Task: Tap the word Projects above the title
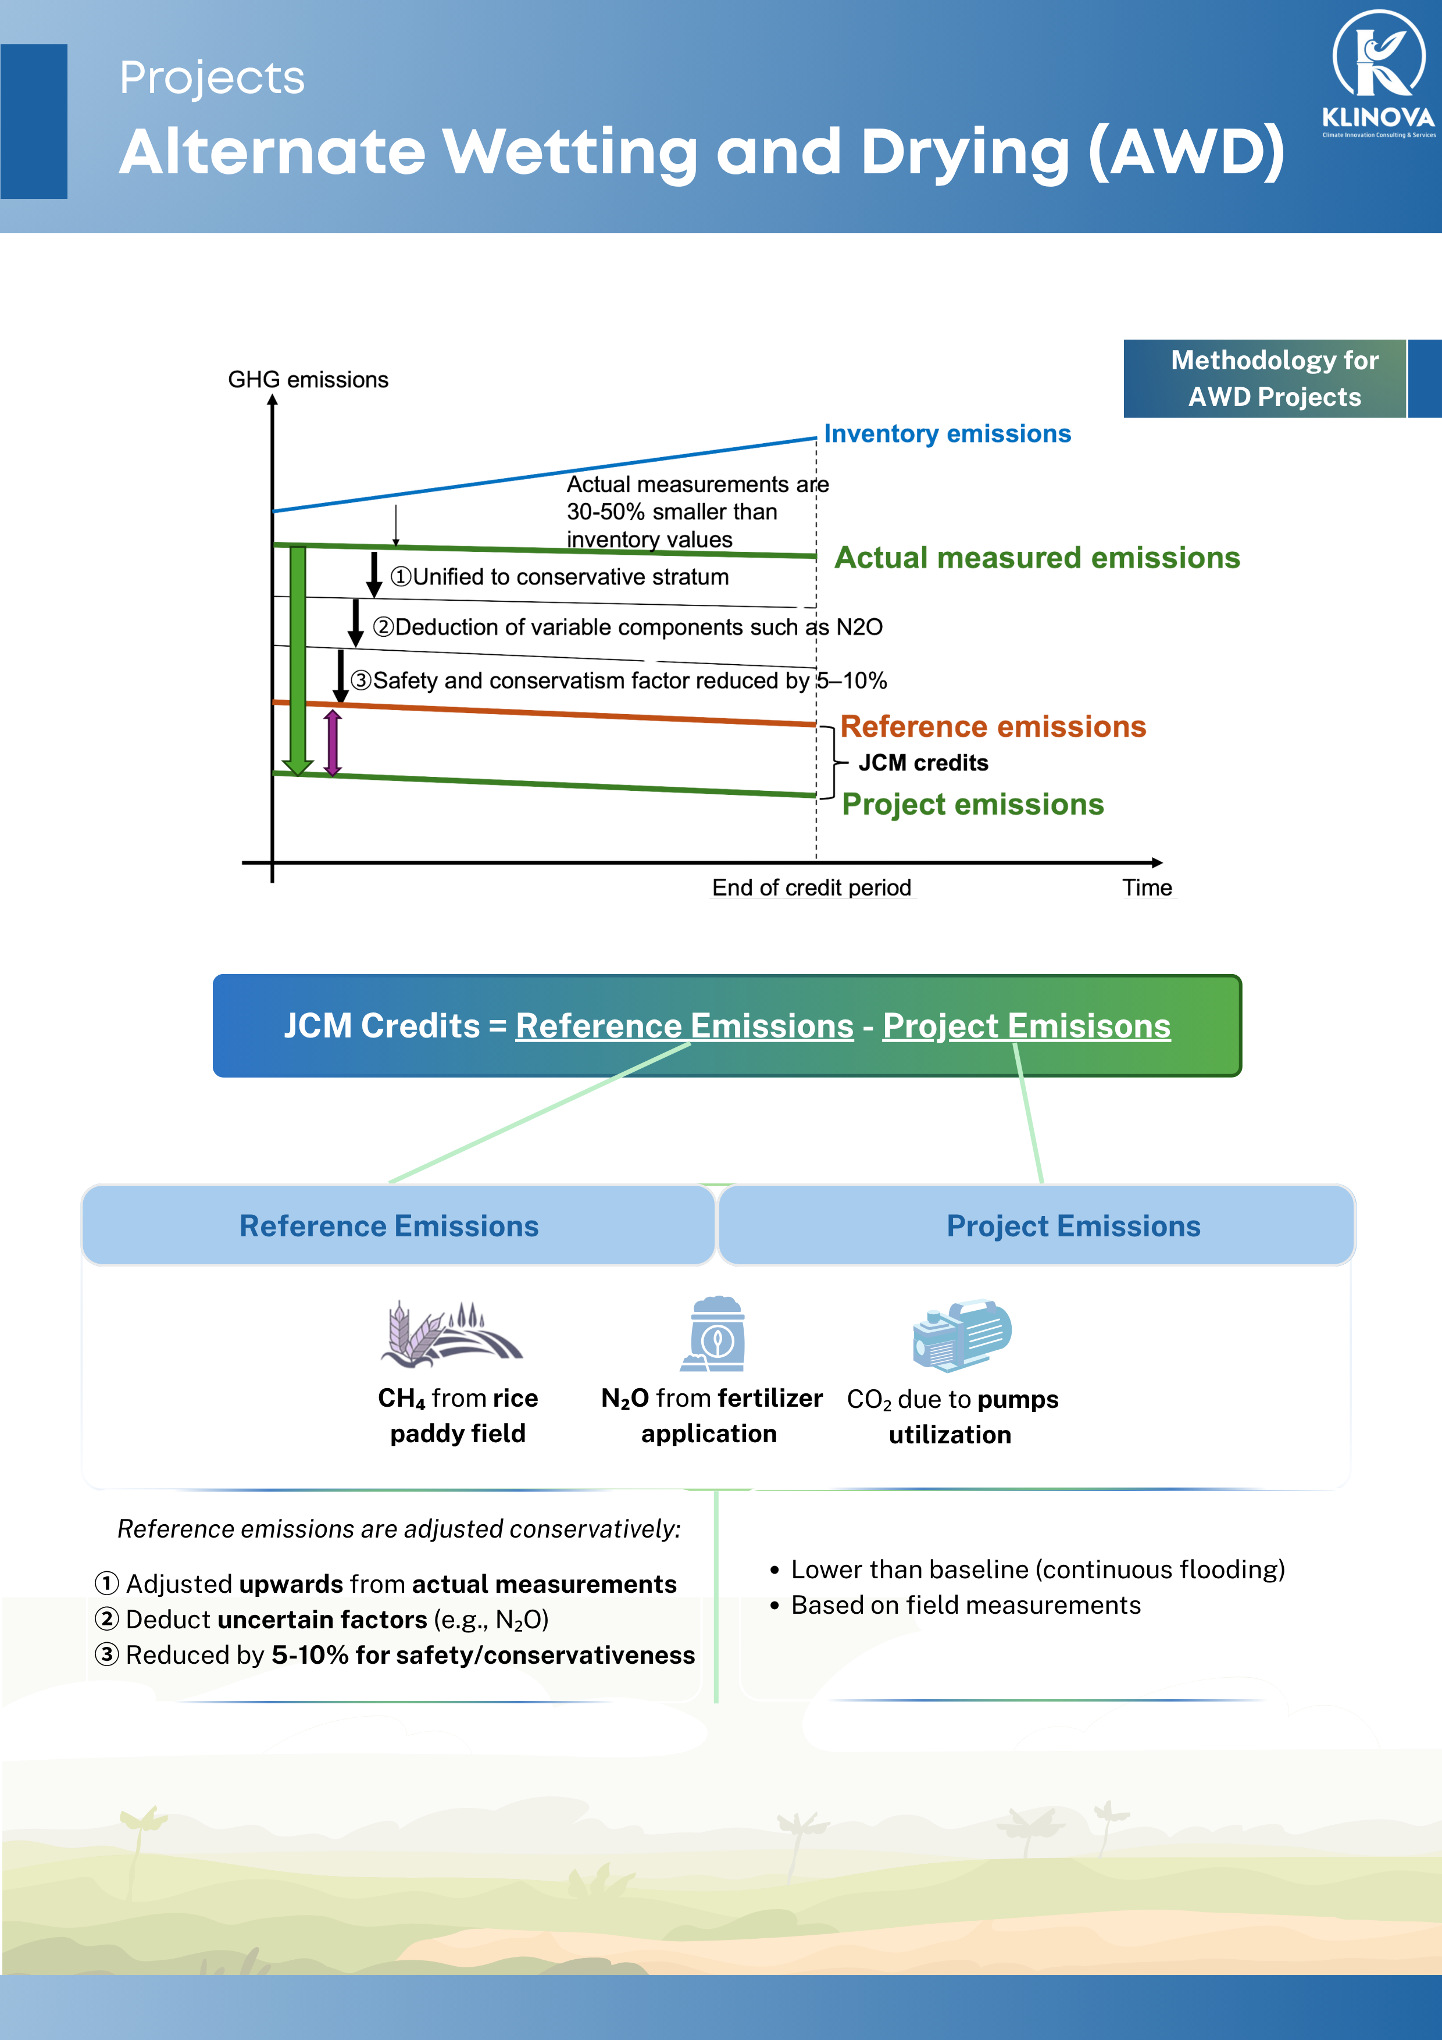[x=212, y=78]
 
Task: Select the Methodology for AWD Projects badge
[x=1273, y=379]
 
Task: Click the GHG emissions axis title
[x=308, y=380]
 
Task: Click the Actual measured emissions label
[x=1037, y=558]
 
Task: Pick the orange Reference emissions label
[x=993, y=727]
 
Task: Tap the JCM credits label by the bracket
[x=923, y=763]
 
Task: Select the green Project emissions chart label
[x=972, y=804]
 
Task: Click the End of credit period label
[x=811, y=887]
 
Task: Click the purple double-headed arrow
[x=332, y=743]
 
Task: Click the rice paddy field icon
[x=451, y=1333]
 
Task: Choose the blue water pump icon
[x=961, y=1335]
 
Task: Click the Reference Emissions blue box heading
[x=389, y=1226]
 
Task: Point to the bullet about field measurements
[x=965, y=1606]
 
